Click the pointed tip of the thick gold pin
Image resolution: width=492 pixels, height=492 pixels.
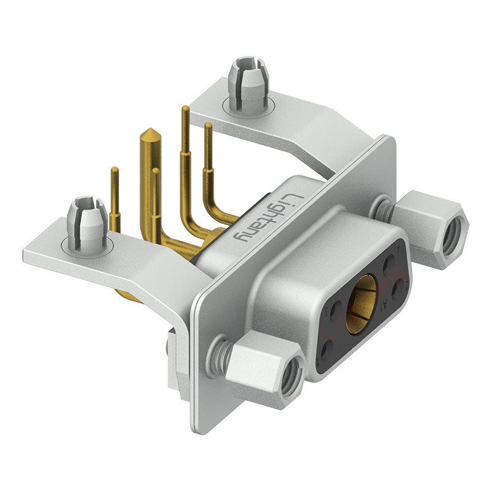148,131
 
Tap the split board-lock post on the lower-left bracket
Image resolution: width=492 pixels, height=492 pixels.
87,219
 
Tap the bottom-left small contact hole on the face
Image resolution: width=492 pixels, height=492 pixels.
327,349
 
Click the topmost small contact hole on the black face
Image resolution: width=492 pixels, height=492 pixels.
388,265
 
